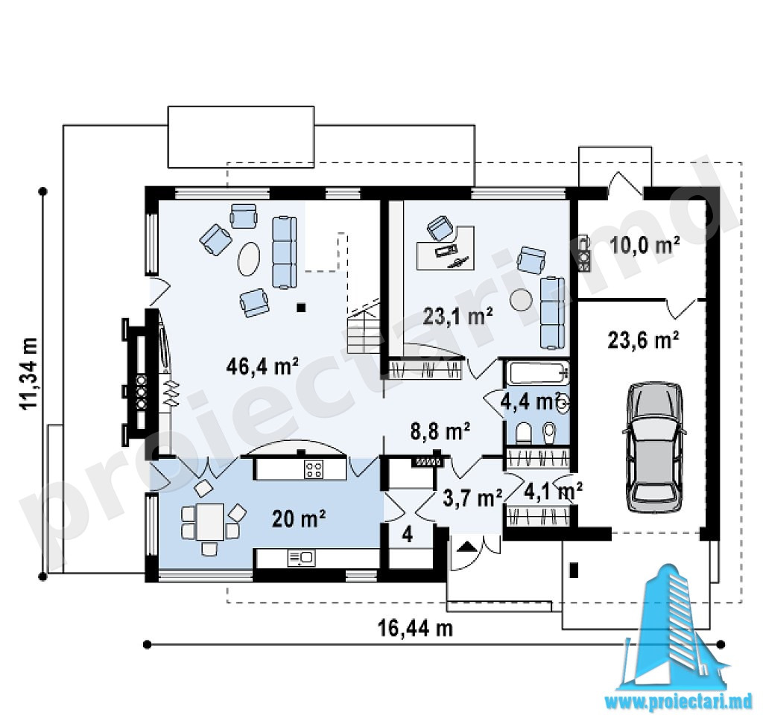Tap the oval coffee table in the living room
pyautogui.click(x=249, y=258)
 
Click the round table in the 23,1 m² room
pyautogui.click(x=521, y=300)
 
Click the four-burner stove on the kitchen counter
pyautogui.click(x=314, y=469)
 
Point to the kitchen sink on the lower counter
pyautogui.click(x=301, y=558)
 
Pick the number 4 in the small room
pyautogui.click(x=408, y=536)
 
